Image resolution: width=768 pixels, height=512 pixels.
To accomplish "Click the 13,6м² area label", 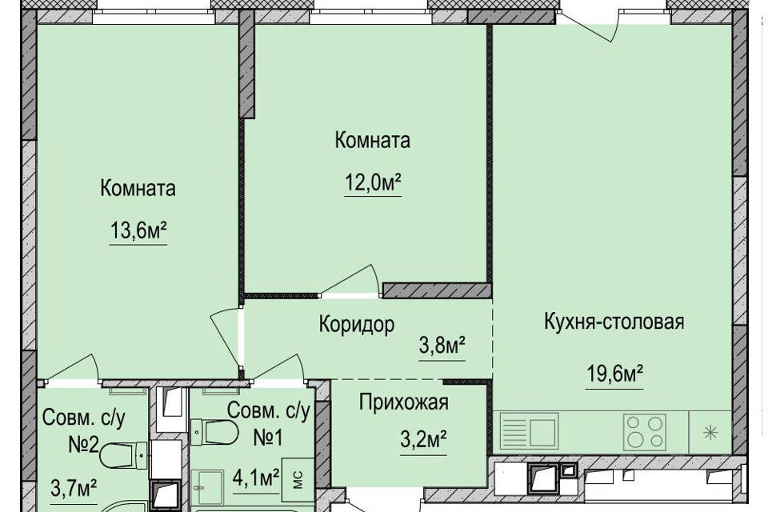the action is click(138, 230).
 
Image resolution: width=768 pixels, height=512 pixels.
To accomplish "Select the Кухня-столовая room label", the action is click(614, 322).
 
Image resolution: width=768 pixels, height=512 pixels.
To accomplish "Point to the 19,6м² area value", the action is click(614, 375).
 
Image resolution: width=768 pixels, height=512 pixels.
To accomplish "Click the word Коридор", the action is click(357, 324).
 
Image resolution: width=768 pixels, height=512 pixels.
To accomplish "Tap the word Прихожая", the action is click(403, 402).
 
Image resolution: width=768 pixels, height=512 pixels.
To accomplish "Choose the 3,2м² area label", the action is click(423, 439).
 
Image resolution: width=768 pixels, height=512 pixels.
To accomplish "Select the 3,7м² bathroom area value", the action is click(73, 488).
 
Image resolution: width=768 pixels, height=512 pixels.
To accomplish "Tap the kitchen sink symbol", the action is click(529, 431).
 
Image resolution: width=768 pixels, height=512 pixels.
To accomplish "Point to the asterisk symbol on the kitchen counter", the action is click(710, 433).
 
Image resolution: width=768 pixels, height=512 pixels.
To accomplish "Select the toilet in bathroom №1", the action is click(214, 432).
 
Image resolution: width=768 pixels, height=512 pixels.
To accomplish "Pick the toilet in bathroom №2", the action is click(123, 456).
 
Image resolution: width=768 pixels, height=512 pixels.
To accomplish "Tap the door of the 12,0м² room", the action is click(350, 282).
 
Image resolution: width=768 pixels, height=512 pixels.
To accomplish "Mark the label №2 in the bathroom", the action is click(84, 446).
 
